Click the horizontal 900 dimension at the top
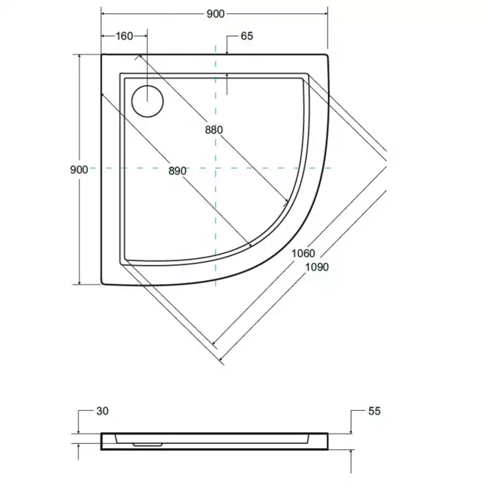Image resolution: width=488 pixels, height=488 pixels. (215, 14)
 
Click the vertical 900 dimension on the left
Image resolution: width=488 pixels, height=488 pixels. (79, 170)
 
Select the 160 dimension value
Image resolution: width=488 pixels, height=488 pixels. (124, 36)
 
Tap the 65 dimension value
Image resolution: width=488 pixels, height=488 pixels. (247, 36)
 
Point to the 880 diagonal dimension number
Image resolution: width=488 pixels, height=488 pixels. (214, 130)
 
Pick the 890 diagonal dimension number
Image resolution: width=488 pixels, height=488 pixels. (178, 171)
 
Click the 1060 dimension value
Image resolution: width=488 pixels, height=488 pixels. (304, 253)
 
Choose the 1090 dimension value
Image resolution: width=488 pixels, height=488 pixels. (317, 267)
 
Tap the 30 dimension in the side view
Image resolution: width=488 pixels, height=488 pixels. (103, 411)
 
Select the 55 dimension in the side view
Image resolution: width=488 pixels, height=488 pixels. (374, 411)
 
